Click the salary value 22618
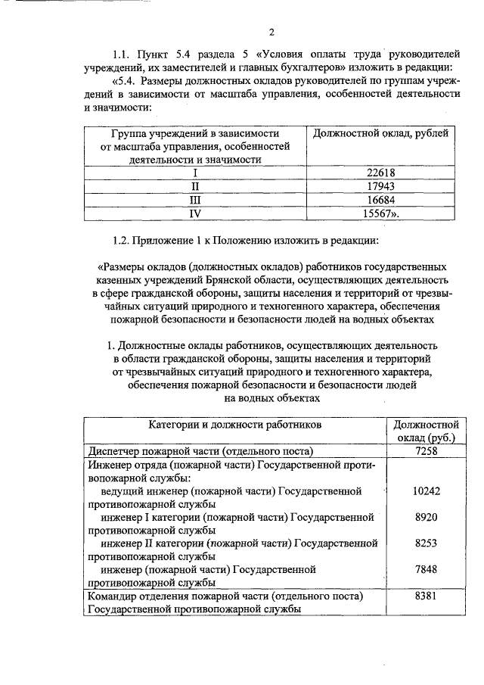(x=380, y=172)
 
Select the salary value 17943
(x=380, y=186)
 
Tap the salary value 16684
(x=380, y=201)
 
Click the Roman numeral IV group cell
(x=195, y=215)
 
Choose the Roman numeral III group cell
(x=195, y=201)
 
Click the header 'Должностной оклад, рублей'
(x=380, y=133)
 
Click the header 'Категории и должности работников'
(x=235, y=425)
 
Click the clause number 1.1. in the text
(x=123, y=54)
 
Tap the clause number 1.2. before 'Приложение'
(x=123, y=241)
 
